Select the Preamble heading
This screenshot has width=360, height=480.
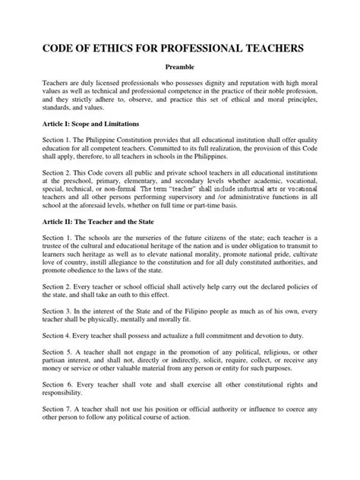point(179,68)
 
